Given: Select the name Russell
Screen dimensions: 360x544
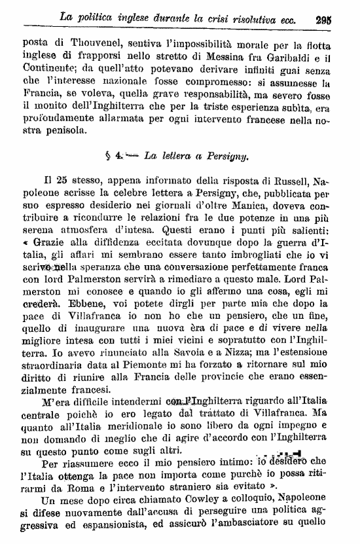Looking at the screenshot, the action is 281,183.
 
